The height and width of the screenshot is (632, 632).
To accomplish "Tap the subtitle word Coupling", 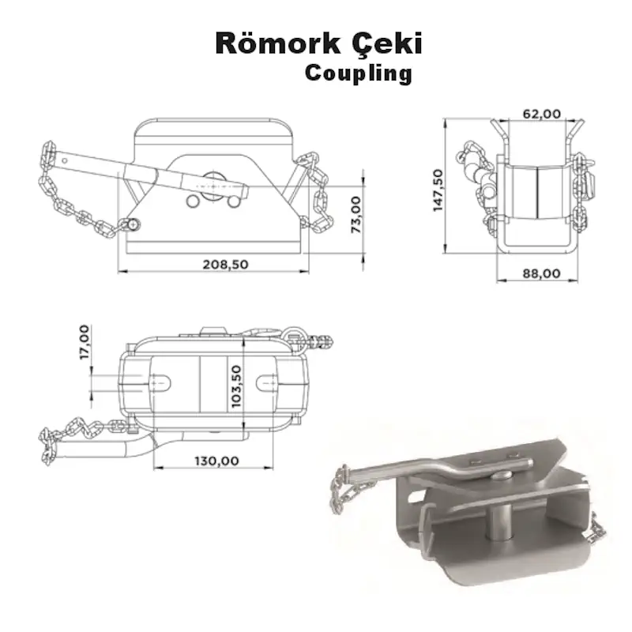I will [x=358, y=73].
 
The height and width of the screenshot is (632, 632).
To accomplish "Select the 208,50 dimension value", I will [x=225, y=264].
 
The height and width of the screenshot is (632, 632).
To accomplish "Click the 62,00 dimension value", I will [x=542, y=114].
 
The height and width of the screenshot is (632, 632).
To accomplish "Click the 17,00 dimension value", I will [x=85, y=340].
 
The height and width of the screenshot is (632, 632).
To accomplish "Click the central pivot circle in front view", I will [x=213, y=181].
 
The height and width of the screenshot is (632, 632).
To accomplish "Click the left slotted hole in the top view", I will [x=160, y=382].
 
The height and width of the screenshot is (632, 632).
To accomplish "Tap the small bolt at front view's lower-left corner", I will [x=132, y=224].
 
